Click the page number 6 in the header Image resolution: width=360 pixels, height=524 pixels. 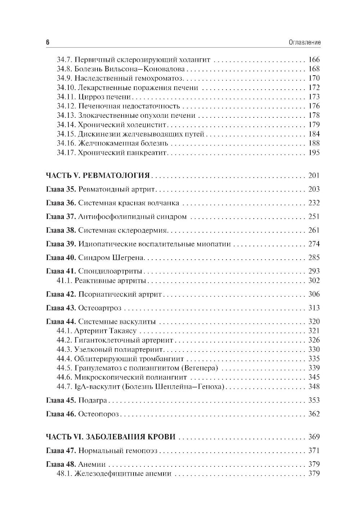click(x=48, y=42)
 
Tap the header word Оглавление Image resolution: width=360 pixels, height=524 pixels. click(x=305, y=42)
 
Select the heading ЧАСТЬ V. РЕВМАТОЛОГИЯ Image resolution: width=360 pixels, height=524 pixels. click(x=98, y=176)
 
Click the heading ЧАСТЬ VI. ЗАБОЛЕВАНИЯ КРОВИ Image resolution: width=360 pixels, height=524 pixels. click(x=111, y=437)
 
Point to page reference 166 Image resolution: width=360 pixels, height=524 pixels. click(x=314, y=60)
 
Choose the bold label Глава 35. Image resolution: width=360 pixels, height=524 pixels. click(x=61, y=189)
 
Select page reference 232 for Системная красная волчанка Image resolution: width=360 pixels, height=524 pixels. click(x=314, y=203)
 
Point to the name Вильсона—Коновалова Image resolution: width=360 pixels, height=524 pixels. click(x=161, y=69)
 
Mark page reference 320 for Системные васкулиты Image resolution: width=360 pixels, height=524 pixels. click(x=314, y=322)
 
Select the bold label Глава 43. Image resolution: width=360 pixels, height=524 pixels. click(x=61, y=308)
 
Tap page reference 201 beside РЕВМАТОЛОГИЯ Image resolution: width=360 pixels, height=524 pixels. click(x=314, y=176)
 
